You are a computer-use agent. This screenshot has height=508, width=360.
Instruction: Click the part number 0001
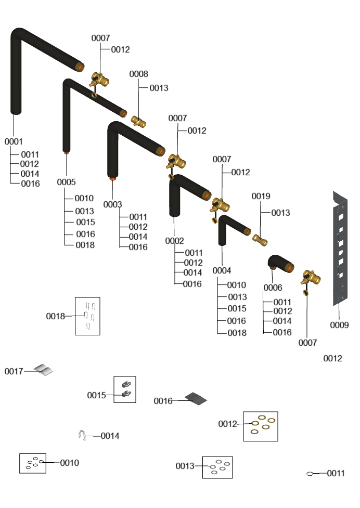point(14,141)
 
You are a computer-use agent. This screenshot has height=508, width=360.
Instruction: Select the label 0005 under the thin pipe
point(66,182)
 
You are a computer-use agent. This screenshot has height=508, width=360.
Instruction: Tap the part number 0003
point(112,204)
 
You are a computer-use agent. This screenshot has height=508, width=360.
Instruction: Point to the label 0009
point(339,325)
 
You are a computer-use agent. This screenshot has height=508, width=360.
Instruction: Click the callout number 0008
point(138,74)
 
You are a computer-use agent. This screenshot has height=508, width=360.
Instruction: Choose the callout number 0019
point(261,196)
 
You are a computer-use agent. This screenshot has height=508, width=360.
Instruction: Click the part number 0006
point(273,288)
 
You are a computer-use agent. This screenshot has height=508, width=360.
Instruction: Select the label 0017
point(14,371)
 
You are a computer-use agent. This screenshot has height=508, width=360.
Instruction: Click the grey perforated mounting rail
point(340,247)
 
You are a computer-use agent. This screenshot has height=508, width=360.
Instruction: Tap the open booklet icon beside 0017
point(43,370)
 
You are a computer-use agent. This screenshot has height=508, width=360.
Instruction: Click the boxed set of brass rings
point(260,426)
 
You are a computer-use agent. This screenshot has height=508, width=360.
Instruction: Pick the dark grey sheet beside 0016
point(196,399)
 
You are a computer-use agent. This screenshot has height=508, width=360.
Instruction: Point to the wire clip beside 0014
point(82,436)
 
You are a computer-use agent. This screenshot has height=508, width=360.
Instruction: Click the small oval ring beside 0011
point(310,474)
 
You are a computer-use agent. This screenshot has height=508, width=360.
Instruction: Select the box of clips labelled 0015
point(125,389)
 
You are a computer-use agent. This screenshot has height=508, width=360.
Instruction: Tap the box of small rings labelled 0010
point(33,463)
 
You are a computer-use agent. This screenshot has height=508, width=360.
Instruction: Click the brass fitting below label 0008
point(138,122)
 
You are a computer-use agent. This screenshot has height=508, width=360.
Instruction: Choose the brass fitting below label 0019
point(260,240)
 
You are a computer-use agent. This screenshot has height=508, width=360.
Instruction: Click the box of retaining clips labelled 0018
point(87,316)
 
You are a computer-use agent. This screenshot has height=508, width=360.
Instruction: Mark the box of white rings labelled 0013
point(217,467)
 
